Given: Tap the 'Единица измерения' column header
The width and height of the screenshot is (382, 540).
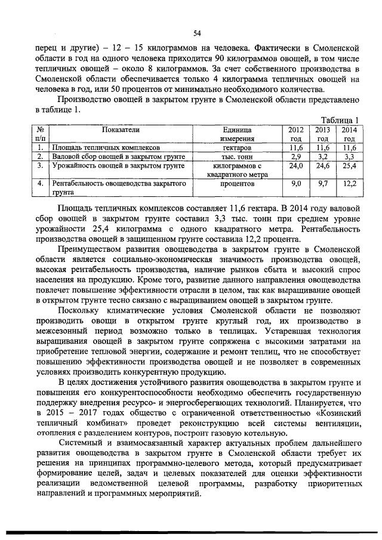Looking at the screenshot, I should click(x=237, y=134).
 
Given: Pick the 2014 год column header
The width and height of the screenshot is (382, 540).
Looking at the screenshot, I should click(x=349, y=134).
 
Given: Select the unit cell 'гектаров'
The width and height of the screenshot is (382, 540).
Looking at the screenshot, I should click(x=237, y=147).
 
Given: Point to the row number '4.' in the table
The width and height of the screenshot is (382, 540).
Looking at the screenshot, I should click(x=39, y=185).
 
